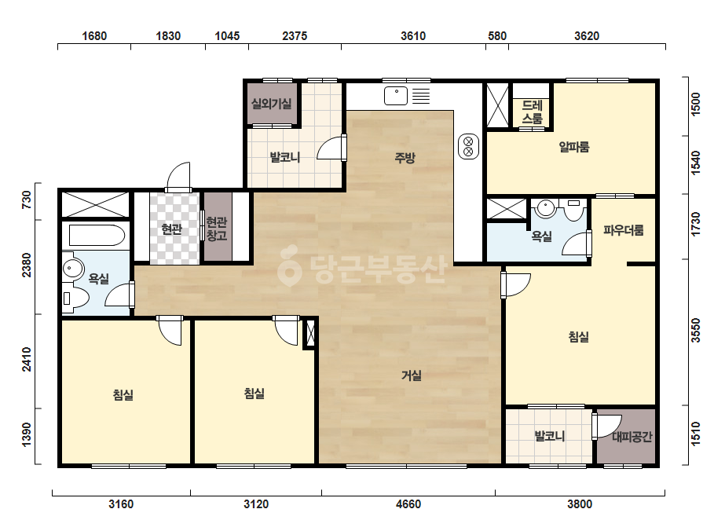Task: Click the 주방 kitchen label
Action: pos(405,158)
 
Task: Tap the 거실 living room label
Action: pos(411,375)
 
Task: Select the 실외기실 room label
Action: pos(272,103)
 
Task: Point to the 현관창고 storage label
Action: pos(217,229)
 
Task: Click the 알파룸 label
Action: pos(574,147)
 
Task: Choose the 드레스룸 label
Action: pos(532,112)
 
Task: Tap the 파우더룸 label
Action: pos(623,230)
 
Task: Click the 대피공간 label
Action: pos(632,436)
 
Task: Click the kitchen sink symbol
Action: pos(396,96)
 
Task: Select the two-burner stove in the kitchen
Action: pos(468,146)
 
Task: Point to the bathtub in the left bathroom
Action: pos(97,236)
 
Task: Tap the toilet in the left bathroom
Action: pos(75,298)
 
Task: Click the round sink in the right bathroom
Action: pos(546,207)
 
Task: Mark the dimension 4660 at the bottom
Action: pos(408,504)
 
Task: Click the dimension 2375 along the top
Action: pos(295,36)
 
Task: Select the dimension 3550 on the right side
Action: pos(695,330)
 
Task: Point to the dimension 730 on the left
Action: pos(27,200)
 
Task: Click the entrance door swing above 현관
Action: pos(178,176)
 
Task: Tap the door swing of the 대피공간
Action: pos(606,427)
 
